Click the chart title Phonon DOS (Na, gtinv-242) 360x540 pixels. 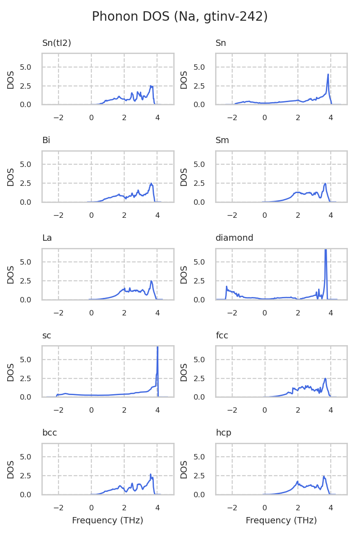(180, 17)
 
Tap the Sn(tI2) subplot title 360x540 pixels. (57, 43)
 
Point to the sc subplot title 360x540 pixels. (46, 335)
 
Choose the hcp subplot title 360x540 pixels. (223, 433)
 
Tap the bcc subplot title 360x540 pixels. (49, 433)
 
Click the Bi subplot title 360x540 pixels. (46, 140)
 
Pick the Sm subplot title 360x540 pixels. (222, 140)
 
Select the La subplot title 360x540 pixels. (47, 238)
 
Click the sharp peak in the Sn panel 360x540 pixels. (328, 75)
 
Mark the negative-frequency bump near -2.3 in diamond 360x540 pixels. (227, 287)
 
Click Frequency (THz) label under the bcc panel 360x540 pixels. (108, 521)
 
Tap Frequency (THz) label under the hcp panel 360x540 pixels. (281, 521)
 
